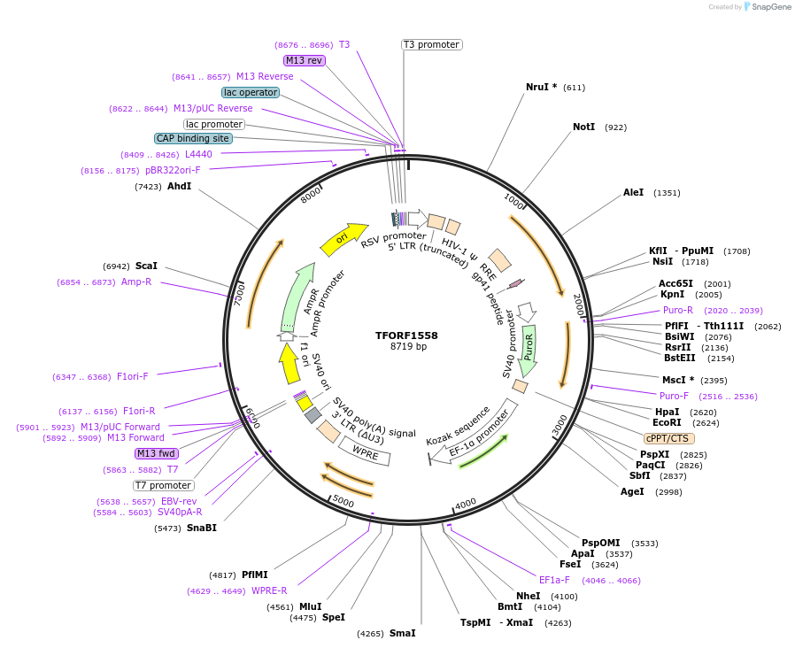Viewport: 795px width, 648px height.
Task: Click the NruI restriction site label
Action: pyautogui.click(x=537, y=87)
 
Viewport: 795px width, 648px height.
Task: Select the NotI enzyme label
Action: pyautogui.click(x=583, y=127)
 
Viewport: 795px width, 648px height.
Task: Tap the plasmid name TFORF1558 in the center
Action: pyautogui.click(x=406, y=336)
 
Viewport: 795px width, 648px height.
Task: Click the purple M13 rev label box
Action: pyautogui.click(x=305, y=60)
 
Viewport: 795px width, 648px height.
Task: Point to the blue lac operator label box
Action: pyautogui.click(x=251, y=92)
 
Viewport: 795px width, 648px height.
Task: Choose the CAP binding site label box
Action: pyautogui.click(x=193, y=138)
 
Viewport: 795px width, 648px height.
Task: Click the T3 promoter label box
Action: pyautogui.click(x=431, y=44)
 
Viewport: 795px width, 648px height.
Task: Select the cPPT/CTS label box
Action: pyautogui.click(x=668, y=438)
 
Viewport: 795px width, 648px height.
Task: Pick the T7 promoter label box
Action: pyautogui.click(x=163, y=485)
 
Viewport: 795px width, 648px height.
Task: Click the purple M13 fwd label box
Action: pyautogui.click(x=157, y=453)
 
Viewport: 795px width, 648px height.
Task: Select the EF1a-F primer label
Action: pyautogui.click(x=554, y=580)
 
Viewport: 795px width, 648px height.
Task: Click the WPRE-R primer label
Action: pyautogui.click(x=270, y=590)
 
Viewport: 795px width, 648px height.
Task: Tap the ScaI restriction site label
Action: pyautogui.click(x=146, y=266)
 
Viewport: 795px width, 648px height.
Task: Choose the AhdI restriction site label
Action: pyautogui.click(x=179, y=186)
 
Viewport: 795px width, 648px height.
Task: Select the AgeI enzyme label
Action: pyautogui.click(x=632, y=491)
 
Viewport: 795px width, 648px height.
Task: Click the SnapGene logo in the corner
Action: pyautogui.click(x=767, y=6)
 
